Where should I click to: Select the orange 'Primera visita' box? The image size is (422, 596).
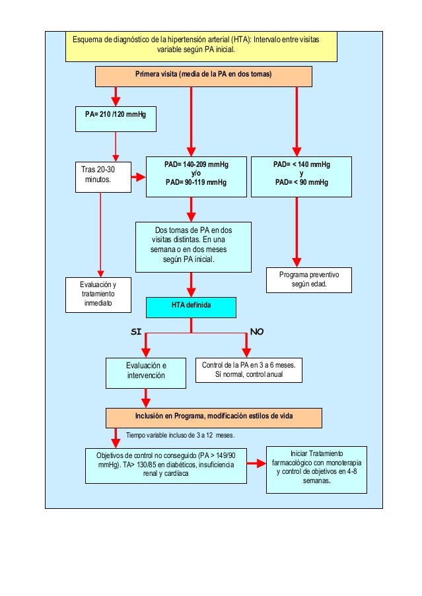point(203,76)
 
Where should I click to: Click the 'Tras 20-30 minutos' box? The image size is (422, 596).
point(101,176)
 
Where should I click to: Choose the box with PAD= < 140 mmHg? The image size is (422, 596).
point(302,176)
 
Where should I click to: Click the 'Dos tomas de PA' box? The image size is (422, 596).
point(193,248)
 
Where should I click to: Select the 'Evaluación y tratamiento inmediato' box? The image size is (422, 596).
point(98,294)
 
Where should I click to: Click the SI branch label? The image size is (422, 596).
point(137,331)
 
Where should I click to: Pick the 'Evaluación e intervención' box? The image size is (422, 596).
point(146,373)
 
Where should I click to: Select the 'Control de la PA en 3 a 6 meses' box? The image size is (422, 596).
point(249,370)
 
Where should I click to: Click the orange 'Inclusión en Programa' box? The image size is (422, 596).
point(214,417)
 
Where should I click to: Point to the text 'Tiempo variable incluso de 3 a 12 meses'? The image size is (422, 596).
point(180,436)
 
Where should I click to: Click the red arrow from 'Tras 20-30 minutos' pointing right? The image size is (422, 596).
point(139,177)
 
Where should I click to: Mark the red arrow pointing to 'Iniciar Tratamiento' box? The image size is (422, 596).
point(256,465)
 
